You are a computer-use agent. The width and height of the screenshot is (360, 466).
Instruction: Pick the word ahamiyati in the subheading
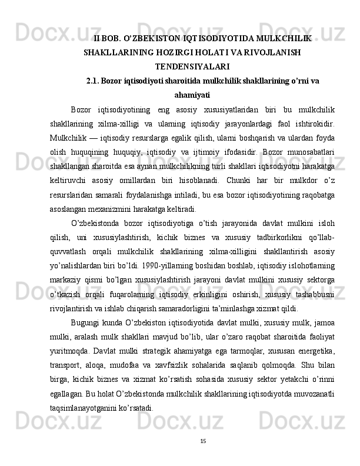[x=192, y=94]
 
